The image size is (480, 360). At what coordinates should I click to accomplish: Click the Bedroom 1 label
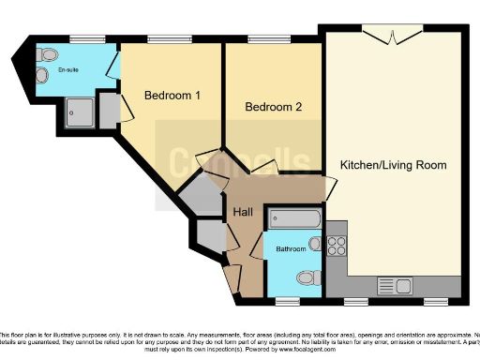coord(169,95)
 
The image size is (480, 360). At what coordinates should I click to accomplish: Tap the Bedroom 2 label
coord(273,107)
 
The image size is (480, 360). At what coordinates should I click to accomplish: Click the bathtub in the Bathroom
coord(293,219)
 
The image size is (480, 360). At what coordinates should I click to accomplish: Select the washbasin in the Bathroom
coord(316,246)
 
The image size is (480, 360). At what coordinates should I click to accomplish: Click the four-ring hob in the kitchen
coord(337,246)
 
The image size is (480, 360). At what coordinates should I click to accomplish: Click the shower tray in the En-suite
coord(78,112)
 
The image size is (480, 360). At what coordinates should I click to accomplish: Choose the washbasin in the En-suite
coord(42,56)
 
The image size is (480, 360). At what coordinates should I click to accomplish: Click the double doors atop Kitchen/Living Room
coord(390,36)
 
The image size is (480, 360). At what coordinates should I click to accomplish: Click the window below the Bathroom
coord(289,301)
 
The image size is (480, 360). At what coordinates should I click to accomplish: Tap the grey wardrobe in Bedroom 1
coord(109,110)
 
